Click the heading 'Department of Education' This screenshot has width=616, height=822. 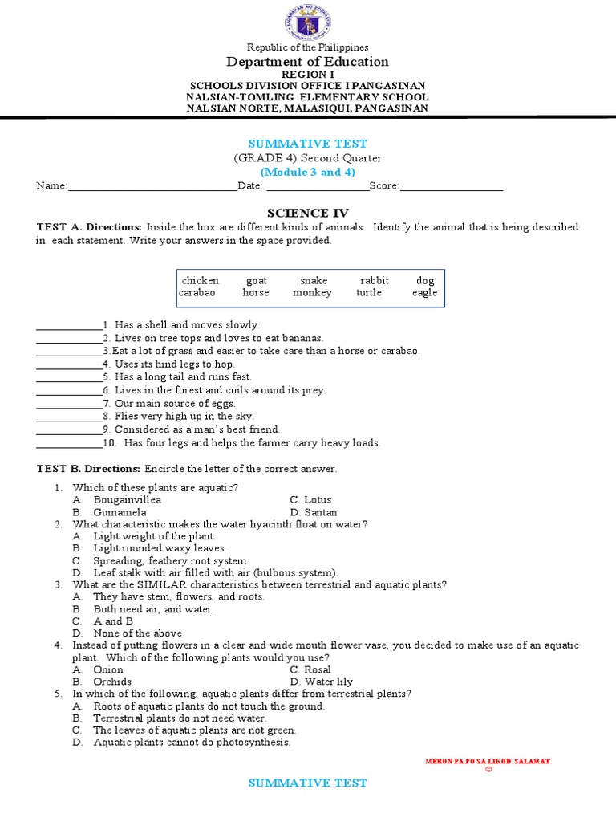(x=307, y=62)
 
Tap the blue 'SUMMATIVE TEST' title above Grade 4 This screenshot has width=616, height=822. (x=307, y=144)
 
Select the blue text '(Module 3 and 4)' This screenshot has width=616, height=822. (x=307, y=172)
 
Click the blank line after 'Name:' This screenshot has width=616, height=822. (x=152, y=186)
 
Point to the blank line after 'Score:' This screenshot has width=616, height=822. (x=451, y=186)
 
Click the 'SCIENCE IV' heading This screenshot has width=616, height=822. (x=307, y=213)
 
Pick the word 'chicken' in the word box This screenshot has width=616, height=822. (x=201, y=280)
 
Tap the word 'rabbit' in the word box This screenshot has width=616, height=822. (x=375, y=280)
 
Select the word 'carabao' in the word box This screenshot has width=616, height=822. (x=197, y=293)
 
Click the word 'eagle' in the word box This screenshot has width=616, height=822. (x=424, y=293)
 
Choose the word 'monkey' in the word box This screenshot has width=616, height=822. (x=312, y=293)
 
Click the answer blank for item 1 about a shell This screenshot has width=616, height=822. (x=69, y=325)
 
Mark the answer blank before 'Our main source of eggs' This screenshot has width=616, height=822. (x=69, y=403)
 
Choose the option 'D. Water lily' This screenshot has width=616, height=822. (x=319, y=682)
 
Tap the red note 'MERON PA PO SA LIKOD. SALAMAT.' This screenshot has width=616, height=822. (x=488, y=760)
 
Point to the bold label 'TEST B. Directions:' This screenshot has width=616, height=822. (x=89, y=469)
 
